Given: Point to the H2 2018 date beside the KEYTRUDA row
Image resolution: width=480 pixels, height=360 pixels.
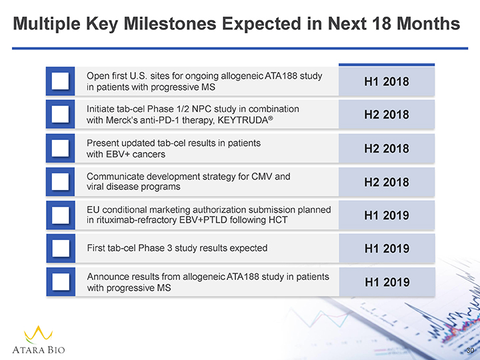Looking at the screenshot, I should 387,115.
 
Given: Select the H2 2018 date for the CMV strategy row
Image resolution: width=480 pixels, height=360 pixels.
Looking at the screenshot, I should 387,182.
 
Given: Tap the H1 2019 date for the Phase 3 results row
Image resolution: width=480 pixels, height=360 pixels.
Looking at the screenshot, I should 387,249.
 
